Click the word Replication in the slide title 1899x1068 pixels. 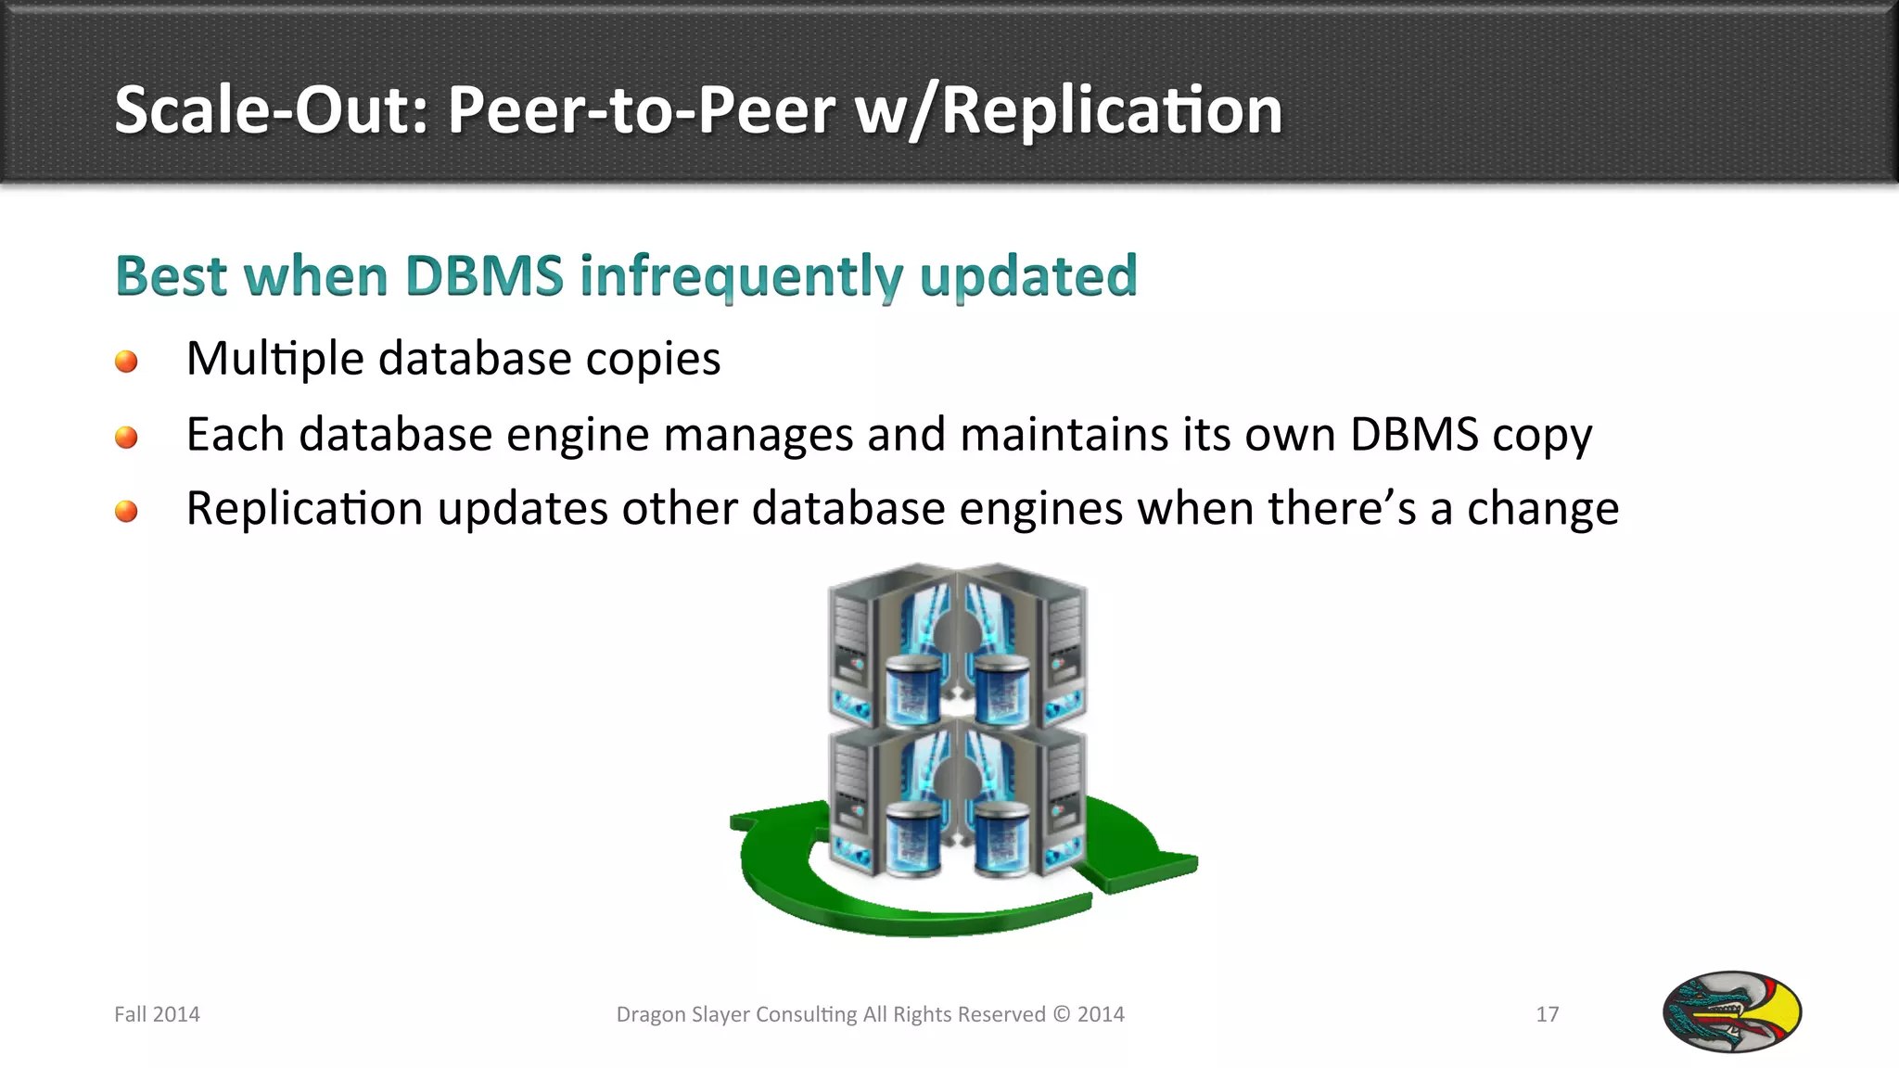[x=1112, y=111]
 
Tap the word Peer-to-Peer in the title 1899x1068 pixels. [x=643, y=111]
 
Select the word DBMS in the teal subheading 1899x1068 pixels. [x=484, y=276]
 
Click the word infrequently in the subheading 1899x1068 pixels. [x=741, y=276]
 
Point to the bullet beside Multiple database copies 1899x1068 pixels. [x=126, y=361]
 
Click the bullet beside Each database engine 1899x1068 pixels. [x=126, y=437]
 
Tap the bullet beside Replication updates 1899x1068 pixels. [x=126, y=511]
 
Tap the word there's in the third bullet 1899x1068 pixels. [x=1342, y=509]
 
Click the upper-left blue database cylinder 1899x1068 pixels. [x=913, y=690]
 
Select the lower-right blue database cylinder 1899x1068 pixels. [x=1001, y=839]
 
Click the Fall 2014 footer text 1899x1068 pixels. [x=157, y=1014]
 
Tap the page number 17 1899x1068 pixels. [x=1547, y=1014]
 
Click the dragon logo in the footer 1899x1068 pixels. [x=1731, y=1011]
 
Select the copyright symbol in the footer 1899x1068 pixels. [x=1061, y=1014]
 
